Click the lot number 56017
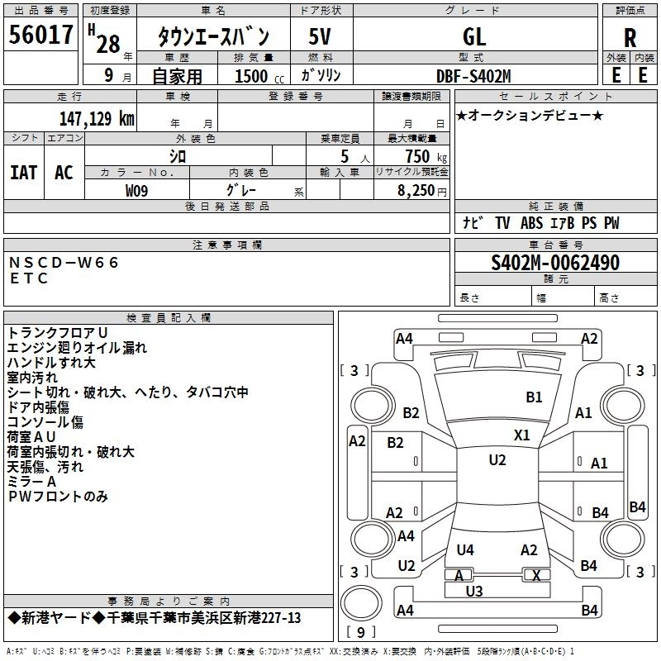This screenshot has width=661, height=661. tap(40, 36)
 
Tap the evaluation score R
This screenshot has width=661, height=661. tap(630, 38)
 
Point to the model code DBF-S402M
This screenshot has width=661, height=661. tap(473, 76)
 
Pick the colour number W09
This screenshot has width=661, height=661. tap(138, 190)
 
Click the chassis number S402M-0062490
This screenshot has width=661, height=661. tap(554, 263)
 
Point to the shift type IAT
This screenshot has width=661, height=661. tap(23, 172)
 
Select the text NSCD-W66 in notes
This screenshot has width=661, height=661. tap(64, 263)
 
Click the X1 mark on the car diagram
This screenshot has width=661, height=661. tap(522, 435)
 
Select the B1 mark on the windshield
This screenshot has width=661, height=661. tap(534, 397)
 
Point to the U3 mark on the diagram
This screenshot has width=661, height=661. tap(473, 591)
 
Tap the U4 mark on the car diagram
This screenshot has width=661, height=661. tap(465, 550)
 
